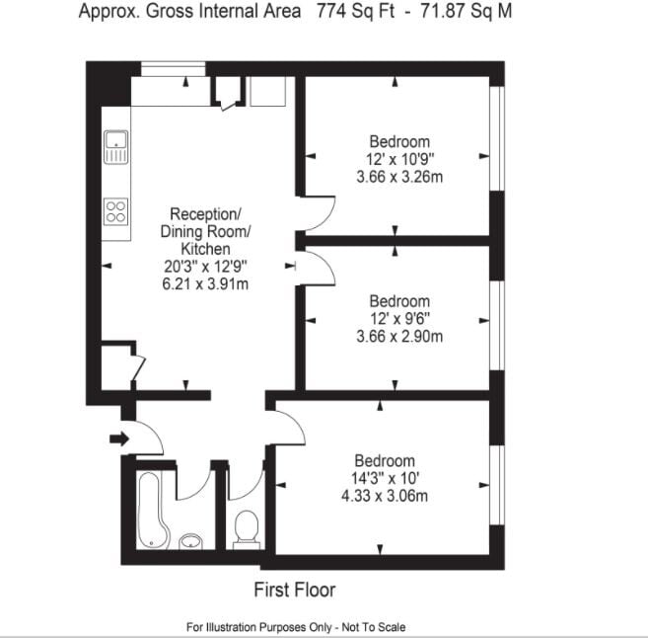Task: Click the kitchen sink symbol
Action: pos(115,147)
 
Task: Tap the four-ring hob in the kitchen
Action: pos(115,211)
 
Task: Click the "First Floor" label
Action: pos(295,591)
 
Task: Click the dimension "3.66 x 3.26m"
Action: pos(399,177)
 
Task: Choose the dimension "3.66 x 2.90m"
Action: pos(399,336)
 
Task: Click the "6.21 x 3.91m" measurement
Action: pos(205,284)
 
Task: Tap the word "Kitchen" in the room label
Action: pos(205,249)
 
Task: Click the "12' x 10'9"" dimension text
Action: pos(399,159)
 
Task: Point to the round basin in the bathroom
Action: pos(192,541)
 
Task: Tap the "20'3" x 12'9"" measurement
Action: pos(205,267)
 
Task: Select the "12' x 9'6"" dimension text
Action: pos(399,319)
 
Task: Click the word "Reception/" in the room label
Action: pos(205,214)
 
